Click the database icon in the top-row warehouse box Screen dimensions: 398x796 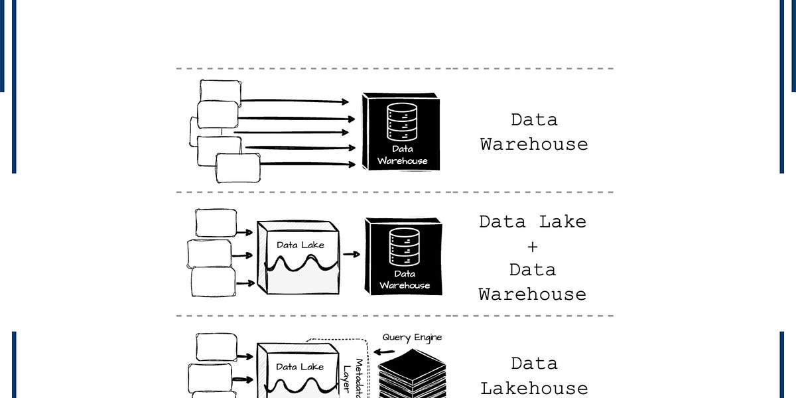tap(402, 123)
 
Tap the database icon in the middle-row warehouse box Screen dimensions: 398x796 tap(405, 247)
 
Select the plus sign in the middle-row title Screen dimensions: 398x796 tap(533, 247)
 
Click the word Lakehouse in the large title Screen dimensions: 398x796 tap(534, 388)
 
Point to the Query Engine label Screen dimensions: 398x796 tap(412, 338)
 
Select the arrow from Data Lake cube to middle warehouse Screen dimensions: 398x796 tap(352, 254)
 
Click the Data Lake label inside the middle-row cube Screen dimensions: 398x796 tap(300, 245)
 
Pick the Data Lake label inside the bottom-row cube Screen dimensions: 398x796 tap(300, 366)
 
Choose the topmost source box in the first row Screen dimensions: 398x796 tap(221, 92)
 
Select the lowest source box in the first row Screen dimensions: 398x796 tap(238, 167)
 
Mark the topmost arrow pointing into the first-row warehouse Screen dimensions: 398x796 tap(295, 101)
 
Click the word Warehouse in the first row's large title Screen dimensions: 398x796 tap(534, 144)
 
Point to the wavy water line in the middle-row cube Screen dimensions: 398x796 tap(301, 263)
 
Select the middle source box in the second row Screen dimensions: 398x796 tap(209, 253)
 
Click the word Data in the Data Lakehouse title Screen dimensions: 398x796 tap(534, 364)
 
